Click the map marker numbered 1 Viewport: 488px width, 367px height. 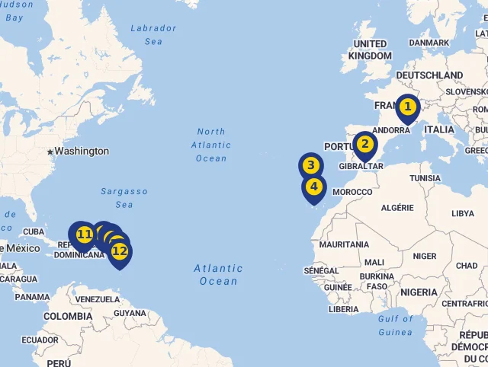408,107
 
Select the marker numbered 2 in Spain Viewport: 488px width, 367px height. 364,144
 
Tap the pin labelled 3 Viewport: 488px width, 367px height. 310,165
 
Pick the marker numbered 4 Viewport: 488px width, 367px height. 313,187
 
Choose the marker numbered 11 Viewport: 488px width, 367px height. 84,234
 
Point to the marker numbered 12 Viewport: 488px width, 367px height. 119,251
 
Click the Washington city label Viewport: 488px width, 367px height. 82,151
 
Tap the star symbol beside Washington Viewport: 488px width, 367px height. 50,152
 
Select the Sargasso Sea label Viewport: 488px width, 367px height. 124,198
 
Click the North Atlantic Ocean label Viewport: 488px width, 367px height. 211,145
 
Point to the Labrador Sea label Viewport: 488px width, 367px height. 153,35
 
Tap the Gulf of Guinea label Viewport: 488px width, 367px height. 395,325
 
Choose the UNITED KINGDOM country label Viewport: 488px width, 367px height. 370,50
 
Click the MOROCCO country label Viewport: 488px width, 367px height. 352,192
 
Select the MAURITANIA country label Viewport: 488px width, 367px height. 344,244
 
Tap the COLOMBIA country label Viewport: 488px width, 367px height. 68,316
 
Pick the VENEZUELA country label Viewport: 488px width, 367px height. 98,299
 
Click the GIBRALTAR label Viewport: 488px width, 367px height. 361,166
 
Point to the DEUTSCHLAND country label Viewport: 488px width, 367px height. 429,75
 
